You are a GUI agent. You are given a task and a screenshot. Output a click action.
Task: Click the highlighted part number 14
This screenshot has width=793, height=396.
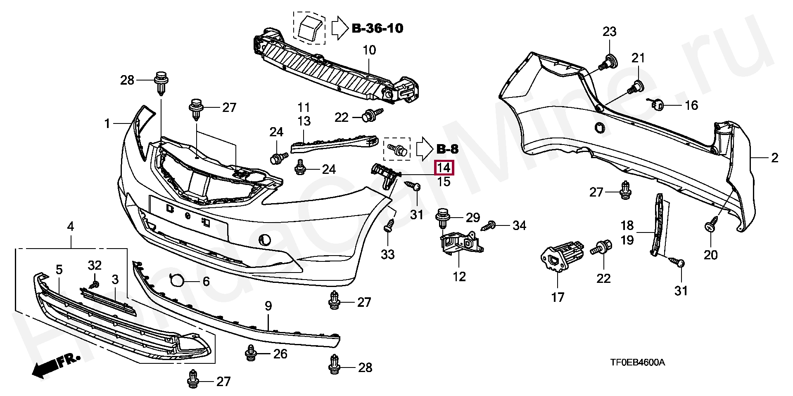tap(444, 168)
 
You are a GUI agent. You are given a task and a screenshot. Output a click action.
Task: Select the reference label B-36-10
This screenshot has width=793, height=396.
tap(378, 28)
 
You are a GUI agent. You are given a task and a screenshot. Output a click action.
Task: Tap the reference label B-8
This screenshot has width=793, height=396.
tap(447, 149)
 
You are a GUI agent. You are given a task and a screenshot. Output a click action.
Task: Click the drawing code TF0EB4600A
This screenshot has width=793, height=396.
tap(638, 363)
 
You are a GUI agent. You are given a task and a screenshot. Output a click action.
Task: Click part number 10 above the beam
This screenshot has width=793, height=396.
tap(369, 50)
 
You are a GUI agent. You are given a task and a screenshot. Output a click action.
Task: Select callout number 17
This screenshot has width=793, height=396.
tap(558, 297)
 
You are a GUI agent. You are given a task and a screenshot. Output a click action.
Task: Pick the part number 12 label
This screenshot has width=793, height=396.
tap(459, 276)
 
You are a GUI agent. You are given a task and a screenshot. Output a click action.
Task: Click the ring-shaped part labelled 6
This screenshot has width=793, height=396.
tap(178, 280)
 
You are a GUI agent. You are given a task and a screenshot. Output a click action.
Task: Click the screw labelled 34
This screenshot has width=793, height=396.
tap(491, 225)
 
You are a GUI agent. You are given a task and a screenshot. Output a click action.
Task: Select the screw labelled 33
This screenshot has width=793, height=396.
tap(388, 225)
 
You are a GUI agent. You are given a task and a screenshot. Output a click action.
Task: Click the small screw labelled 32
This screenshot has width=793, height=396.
tap(95, 285)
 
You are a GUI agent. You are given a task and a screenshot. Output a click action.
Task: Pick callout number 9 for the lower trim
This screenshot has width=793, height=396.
tap(268, 306)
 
